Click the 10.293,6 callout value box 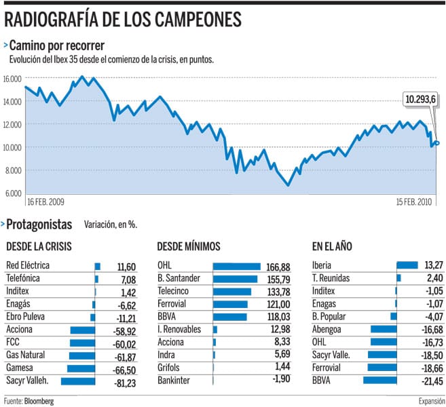420,99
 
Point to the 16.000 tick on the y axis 13,78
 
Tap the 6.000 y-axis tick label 13,193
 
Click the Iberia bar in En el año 407,265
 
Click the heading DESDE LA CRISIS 39,246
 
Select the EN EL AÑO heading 332,246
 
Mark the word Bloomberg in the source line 39,401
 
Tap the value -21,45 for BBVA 427,381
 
